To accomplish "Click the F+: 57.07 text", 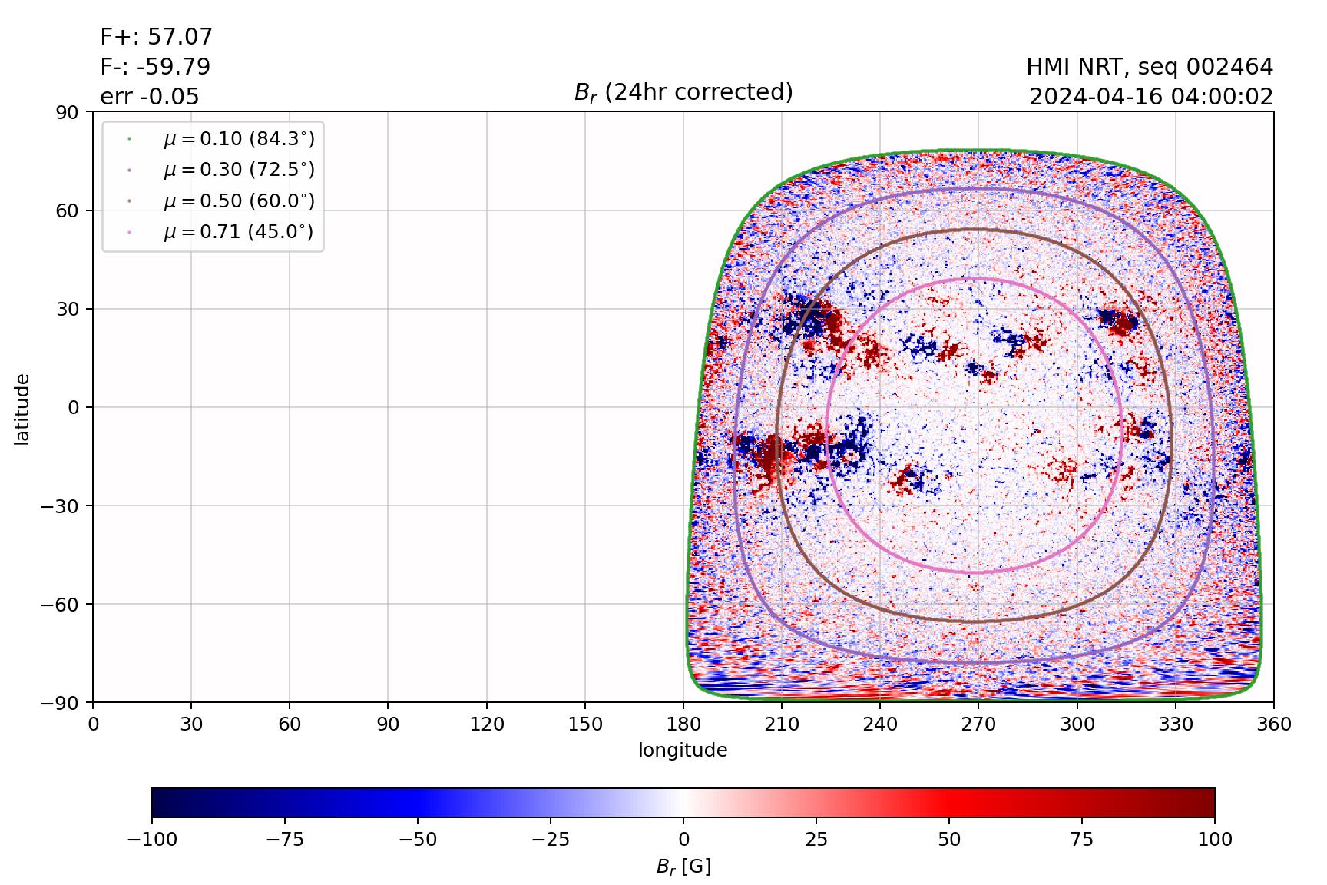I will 156,37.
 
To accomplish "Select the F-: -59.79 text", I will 155,67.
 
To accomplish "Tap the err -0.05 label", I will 149,97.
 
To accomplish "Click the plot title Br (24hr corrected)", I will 683,92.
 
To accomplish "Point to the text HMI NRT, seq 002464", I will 1149,68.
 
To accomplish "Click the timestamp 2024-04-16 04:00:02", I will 1150,98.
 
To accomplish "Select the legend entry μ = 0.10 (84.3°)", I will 238,139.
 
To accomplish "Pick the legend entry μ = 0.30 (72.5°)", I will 238,170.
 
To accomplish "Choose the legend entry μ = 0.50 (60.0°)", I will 238,201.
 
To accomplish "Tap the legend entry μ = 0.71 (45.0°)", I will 238,232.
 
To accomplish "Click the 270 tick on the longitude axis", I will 978,724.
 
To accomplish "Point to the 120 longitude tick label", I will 487,724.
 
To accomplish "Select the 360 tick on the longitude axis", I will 1273,724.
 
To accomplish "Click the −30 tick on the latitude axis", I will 62,505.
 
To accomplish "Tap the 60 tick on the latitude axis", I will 70,210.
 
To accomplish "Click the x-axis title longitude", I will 683,750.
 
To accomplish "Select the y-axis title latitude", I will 22,409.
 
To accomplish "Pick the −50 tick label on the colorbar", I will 418,839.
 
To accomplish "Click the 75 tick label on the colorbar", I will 1081,839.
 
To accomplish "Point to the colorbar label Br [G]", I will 683,867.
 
